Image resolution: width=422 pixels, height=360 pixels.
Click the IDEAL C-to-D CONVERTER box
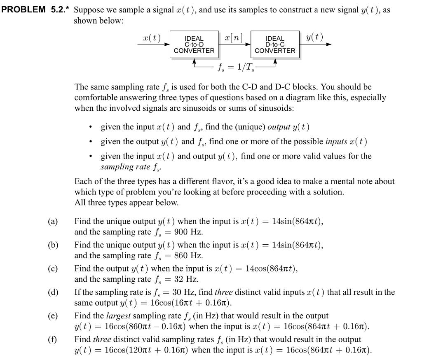point(194,44)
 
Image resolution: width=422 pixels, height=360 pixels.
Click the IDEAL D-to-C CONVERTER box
point(275,44)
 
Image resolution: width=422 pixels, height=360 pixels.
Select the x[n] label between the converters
point(234,37)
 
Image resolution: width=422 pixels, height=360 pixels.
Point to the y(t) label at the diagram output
point(315,37)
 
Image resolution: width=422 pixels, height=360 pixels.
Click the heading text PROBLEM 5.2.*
point(36,10)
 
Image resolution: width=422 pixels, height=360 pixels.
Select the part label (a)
point(53,221)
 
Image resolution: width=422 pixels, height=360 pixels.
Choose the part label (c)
point(53,269)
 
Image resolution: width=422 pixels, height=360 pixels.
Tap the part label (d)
point(53,292)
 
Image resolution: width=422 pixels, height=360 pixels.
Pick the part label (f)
point(53,339)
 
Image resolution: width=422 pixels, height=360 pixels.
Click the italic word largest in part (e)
point(119,316)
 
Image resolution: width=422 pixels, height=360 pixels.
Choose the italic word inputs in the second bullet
point(337,141)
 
